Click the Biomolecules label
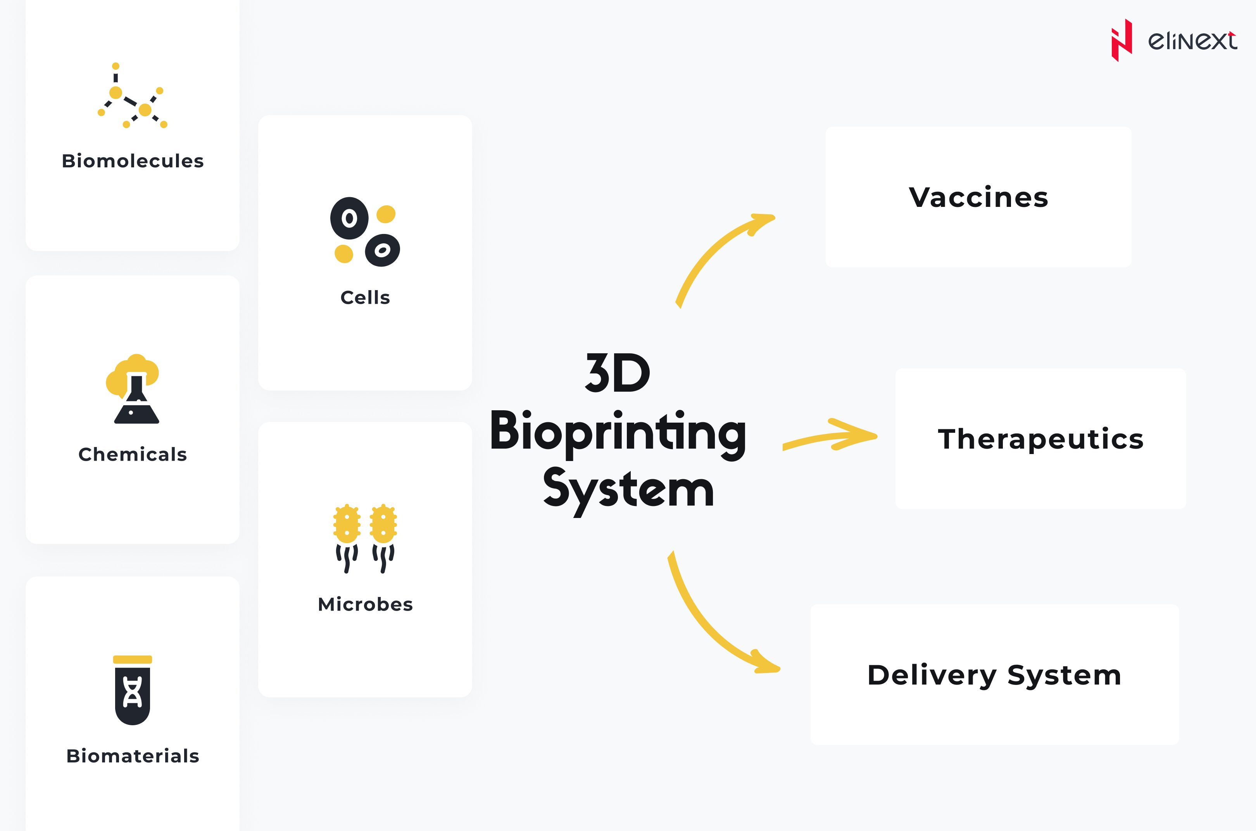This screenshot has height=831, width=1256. point(133,160)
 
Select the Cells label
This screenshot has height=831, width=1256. point(365,297)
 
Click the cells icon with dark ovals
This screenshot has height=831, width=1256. point(365,232)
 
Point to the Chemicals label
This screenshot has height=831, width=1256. point(133,454)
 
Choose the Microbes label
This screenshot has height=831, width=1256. point(365,604)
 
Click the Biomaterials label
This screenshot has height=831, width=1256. point(133,756)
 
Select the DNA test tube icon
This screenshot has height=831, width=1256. point(133,690)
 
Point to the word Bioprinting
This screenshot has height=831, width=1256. point(618,432)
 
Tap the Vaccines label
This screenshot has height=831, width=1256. point(978,197)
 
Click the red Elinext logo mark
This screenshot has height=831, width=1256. point(1121,40)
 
